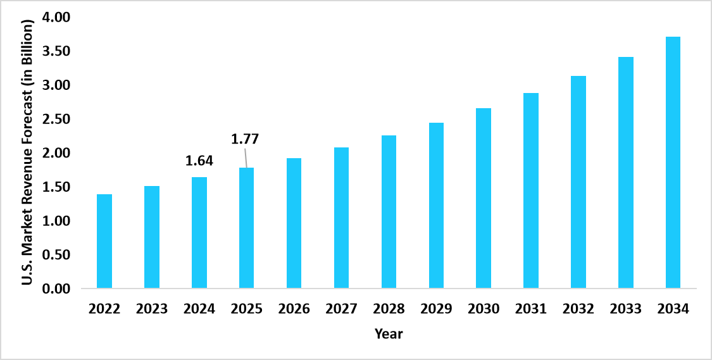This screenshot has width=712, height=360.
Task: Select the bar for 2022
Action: pyautogui.click(x=104, y=241)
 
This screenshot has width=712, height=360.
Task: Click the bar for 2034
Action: pyautogui.click(x=673, y=163)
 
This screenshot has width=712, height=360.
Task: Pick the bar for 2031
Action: pyautogui.click(x=531, y=190)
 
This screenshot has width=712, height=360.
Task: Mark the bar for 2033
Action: pyautogui.click(x=625, y=173)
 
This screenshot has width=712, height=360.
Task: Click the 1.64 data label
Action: pyautogui.click(x=199, y=161)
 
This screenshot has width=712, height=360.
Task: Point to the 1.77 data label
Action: pyautogui.click(x=246, y=139)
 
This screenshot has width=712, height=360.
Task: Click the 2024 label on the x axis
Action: pyautogui.click(x=199, y=309)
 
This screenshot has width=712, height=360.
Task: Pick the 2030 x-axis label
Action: pyautogui.click(x=484, y=309)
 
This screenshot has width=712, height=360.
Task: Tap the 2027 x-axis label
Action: pyautogui.click(x=341, y=309)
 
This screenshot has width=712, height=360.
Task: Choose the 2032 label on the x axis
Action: pyautogui.click(x=578, y=309)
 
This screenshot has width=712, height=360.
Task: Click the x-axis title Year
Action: pyautogui.click(x=388, y=333)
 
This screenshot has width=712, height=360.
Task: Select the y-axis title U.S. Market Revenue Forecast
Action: pyautogui.click(x=27, y=152)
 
